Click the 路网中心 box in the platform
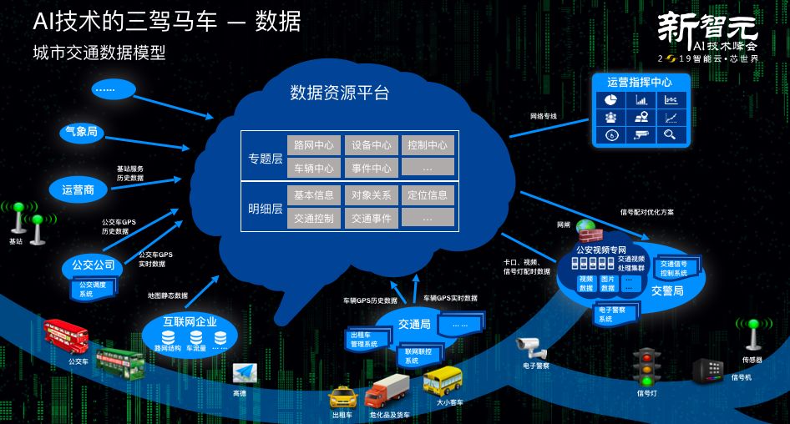click(313, 145)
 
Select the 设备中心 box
click(370, 145)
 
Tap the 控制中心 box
click(427, 145)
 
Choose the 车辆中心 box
click(313, 168)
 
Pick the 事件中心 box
click(370, 168)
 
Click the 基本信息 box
click(313, 195)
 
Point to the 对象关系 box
click(370, 195)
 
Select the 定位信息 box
click(427, 195)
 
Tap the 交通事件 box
click(370, 218)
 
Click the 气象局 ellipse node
click(82, 131)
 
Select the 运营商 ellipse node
click(78, 189)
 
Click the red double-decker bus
click(66, 336)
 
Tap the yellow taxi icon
click(342, 397)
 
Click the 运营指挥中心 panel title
click(640, 83)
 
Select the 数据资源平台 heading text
click(340, 93)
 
